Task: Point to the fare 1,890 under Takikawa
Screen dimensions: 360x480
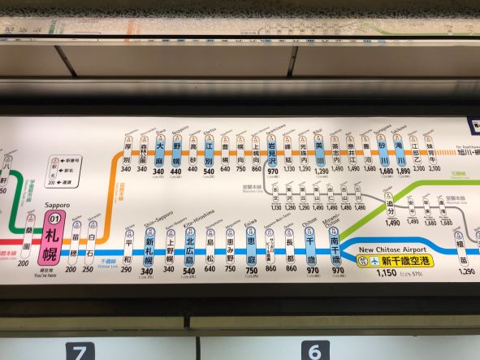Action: click(402, 171)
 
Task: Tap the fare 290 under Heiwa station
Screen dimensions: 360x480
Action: click(126, 269)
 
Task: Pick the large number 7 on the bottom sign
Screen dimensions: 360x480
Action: click(79, 352)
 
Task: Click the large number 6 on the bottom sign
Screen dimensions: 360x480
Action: click(314, 351)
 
